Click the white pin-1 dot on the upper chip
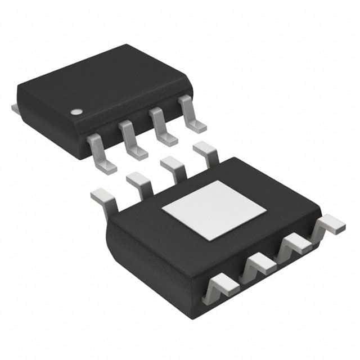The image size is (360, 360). click(x=75, y=111)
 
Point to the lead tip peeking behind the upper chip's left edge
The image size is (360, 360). click(x=15, y=106)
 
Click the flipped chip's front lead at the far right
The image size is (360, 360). click(x=331, y=226)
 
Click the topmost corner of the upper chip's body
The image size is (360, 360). click(x=126, y=45)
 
